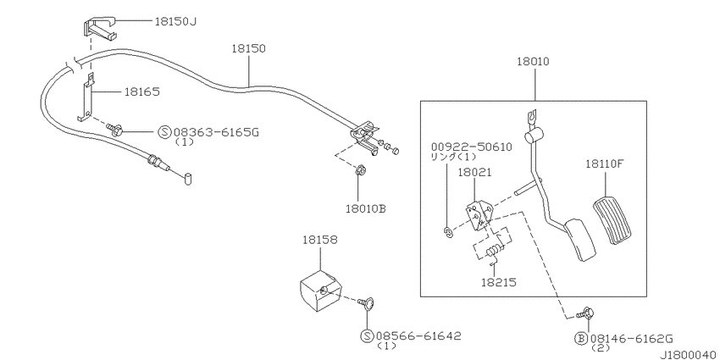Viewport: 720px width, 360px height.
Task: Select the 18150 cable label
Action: point(248,50)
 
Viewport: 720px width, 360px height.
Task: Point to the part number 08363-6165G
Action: point(215,132)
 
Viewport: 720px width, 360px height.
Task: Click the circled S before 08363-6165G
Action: point(164,132)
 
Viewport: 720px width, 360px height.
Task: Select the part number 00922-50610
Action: point(470,147)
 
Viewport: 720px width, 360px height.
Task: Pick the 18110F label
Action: point(603,164)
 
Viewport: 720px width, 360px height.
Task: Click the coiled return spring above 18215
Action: point(492,251)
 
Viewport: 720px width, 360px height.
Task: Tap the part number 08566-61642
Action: point(418,335)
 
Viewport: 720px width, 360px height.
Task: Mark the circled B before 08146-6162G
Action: point(580,336)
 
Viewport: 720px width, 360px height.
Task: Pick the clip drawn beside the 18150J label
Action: point(100,27)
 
